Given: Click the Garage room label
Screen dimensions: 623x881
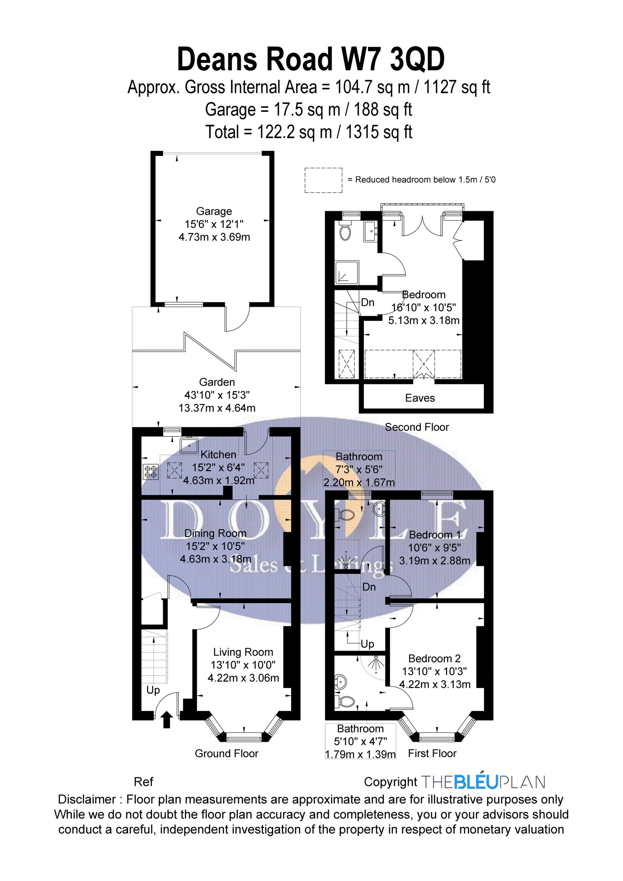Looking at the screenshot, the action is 214,211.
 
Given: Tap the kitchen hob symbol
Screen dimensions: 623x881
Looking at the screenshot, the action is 150,472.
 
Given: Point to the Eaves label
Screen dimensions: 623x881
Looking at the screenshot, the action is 420,398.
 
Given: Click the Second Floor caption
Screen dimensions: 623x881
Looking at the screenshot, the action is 417,427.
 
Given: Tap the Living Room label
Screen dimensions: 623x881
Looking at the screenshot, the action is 243,652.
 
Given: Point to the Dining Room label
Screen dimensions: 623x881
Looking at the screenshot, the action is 215,533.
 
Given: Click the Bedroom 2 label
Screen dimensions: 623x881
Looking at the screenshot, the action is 434,658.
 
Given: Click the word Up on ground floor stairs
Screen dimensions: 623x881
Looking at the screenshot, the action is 153,690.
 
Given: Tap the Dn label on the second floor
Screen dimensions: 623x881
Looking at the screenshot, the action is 368,302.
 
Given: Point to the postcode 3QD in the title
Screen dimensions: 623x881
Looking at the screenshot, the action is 417,59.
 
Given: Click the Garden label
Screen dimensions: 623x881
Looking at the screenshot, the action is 217,382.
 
